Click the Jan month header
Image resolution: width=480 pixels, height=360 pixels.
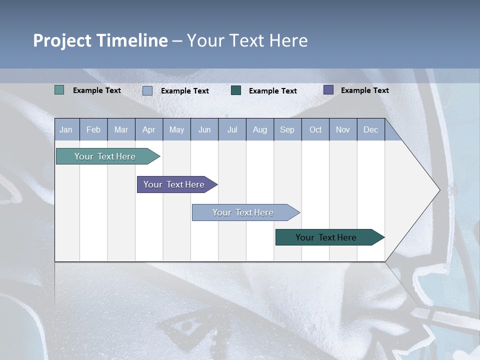[66, 129]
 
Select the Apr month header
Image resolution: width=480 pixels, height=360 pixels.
[148, 129]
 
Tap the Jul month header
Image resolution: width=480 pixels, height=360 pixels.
[232, 129]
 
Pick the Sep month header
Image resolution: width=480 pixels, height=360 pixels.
[287, 129]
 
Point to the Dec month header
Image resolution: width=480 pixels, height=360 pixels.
[370, 129]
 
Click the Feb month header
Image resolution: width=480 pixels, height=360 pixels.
[93, 129]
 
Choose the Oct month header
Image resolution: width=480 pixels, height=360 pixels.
[315, 129]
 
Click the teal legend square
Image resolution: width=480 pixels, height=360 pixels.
[59, 90]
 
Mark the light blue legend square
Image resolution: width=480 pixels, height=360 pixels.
[147, 90]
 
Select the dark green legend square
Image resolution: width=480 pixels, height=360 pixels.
[236, 90]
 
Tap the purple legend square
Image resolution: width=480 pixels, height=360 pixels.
[328, 90]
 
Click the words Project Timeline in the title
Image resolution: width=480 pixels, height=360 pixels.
[100, 40]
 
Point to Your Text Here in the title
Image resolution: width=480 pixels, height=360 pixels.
[247, 40]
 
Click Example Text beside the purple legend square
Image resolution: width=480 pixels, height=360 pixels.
[364, 90]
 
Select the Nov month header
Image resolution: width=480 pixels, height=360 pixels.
[343, 129]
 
